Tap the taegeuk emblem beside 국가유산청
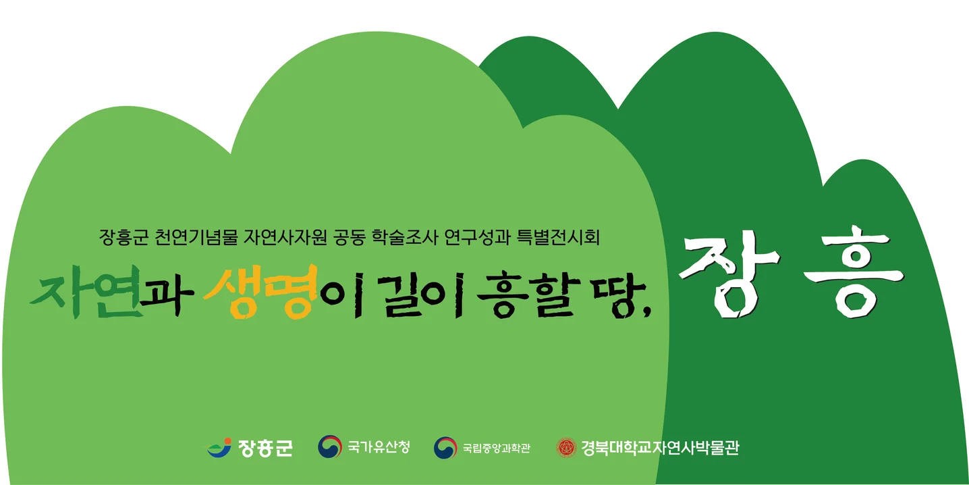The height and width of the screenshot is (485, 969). click(x=330, y=447)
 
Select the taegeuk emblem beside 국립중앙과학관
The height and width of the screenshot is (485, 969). click(x=445, y=447)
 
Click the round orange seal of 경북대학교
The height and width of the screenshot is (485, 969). click(x=566, y=447)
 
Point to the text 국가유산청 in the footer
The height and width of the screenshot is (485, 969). click(x=379, y=447)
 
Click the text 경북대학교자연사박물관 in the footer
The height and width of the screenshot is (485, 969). click(x=659, y=447)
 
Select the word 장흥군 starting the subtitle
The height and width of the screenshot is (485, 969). click(x=123, y=238)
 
